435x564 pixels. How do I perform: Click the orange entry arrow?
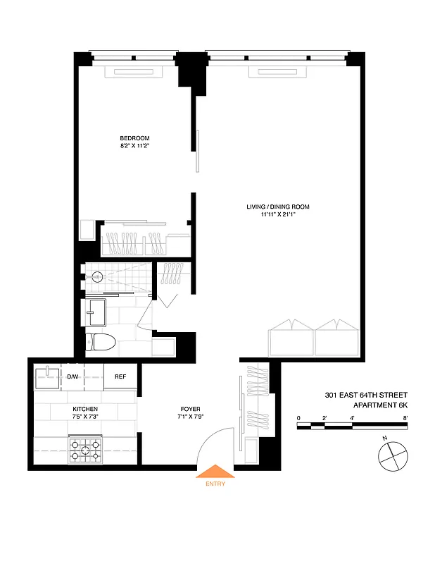coord(215,472)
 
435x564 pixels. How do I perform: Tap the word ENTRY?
coord(215,484)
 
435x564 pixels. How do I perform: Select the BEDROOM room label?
coord(134,138)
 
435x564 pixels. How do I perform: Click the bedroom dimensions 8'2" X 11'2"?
coord(134,146)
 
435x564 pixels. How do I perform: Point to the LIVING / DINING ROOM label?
coord(278,207)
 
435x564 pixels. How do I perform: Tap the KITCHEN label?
coord(85,409)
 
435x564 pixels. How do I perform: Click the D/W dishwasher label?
coord(72,376)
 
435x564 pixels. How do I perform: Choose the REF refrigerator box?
coord(120,376)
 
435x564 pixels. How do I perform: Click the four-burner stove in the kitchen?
coord(85,450)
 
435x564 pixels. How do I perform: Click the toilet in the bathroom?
coord(99,343)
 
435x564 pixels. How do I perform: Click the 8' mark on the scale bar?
coord(406,419)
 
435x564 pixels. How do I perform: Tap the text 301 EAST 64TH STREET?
coord(366,395)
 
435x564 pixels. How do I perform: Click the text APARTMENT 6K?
coord(375,405)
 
